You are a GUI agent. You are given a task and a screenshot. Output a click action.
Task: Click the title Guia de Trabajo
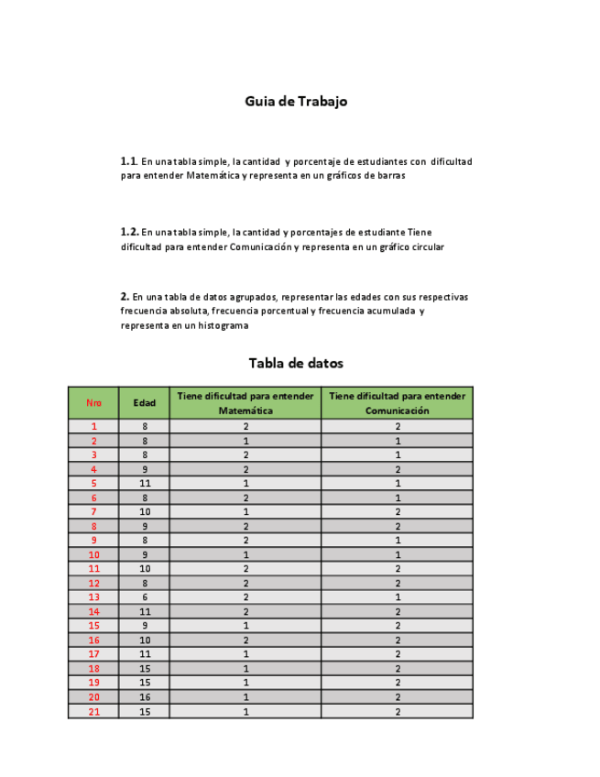(x=296, y=102)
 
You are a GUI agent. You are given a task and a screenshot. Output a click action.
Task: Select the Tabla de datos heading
(x=296, y=363)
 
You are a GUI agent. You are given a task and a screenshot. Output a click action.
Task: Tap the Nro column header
(x=93, y=403)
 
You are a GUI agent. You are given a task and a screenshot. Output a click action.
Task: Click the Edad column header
(x=144, y=403)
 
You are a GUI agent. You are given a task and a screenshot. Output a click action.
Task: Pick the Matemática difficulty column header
(x=245, y=403)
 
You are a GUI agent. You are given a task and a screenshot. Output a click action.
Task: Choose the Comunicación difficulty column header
(x=398, y=403)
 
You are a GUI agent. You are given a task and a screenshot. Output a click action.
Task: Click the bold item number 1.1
(x=129, y=161)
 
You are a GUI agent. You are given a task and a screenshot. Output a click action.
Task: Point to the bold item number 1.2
(x=129, y=233)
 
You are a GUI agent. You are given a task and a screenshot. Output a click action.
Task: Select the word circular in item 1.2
(x=427, y=247)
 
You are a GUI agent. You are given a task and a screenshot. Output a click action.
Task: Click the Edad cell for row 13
(x=144, y=597)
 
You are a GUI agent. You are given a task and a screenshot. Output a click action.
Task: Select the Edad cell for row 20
(x=144, y=697)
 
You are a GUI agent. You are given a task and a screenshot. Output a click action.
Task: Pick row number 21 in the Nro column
(x=93, y=712)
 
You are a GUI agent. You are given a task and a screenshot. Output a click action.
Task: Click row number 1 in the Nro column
(x=93, y=426)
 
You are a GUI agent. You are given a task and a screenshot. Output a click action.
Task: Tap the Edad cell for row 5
(x=144, y=483)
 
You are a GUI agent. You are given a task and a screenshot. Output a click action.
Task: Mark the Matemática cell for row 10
(x=245, y=554)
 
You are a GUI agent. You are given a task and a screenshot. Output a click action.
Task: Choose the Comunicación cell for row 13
(x=398, y=597)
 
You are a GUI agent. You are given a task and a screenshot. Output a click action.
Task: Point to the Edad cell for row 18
(x=144, y=669)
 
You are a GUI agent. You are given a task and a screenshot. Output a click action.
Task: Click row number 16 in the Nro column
(x=93, y=640)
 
